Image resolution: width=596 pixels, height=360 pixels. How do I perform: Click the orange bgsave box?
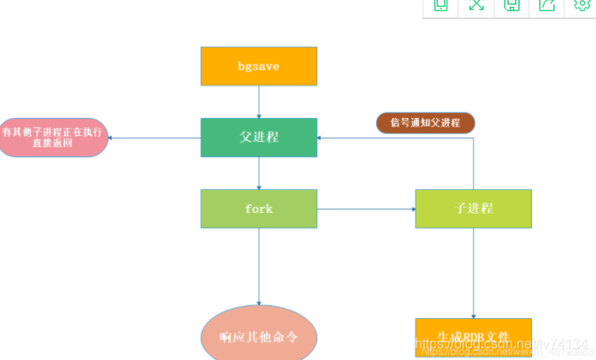258,66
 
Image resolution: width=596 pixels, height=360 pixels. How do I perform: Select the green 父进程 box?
258,137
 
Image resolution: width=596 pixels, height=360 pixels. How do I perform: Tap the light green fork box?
258,209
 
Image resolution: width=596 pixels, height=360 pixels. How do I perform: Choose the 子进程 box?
473,209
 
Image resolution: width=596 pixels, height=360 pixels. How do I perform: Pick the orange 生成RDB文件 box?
473,335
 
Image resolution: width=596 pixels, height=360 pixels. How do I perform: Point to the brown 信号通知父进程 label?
425,122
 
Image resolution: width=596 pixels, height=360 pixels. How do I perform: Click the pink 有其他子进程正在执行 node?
54,138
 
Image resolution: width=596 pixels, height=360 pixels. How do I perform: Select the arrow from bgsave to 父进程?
258,102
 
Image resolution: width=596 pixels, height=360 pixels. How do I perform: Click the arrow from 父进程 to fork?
258,173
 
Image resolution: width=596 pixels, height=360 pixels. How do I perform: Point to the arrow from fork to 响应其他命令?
258,265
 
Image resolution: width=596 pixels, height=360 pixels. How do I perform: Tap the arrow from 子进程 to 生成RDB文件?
473,274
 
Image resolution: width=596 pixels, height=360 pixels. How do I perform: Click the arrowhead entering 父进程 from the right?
322,138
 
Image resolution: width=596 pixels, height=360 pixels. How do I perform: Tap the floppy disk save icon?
511,5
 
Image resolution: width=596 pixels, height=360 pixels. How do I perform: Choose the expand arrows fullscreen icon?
476,5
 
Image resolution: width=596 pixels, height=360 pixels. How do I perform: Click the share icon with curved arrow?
546,5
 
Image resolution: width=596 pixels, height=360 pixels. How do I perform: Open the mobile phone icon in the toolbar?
441,5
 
